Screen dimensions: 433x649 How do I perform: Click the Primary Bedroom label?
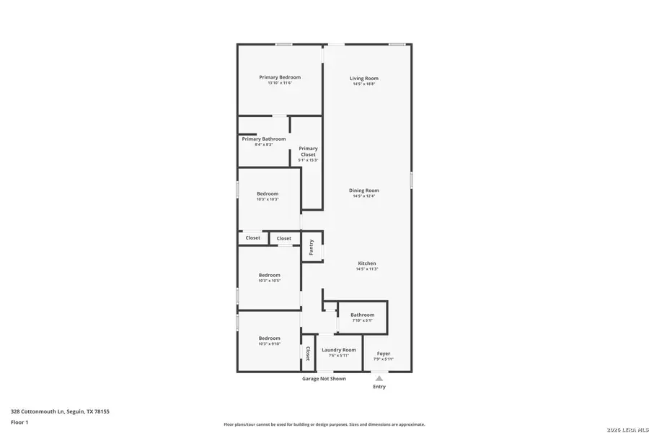280,77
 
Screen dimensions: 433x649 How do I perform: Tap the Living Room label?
364,78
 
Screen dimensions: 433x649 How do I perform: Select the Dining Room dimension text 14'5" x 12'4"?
364,196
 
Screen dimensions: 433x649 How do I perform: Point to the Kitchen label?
367,263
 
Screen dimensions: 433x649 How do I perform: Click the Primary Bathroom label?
263,139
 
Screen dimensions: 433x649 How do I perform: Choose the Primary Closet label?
308,152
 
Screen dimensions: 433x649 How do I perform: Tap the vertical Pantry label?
312,247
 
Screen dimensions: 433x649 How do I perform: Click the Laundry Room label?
339,350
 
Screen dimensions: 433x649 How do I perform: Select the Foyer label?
384,354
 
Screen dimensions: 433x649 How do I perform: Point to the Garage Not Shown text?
324,379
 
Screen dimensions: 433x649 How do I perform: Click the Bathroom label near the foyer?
362,315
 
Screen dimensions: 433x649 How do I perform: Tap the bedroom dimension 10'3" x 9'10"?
269,344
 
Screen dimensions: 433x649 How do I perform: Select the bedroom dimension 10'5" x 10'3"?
268,199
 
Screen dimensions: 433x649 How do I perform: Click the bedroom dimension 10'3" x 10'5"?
269,281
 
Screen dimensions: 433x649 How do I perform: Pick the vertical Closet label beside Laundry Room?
308,354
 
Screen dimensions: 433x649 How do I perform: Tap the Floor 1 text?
19,422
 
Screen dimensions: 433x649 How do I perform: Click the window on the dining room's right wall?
411,180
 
